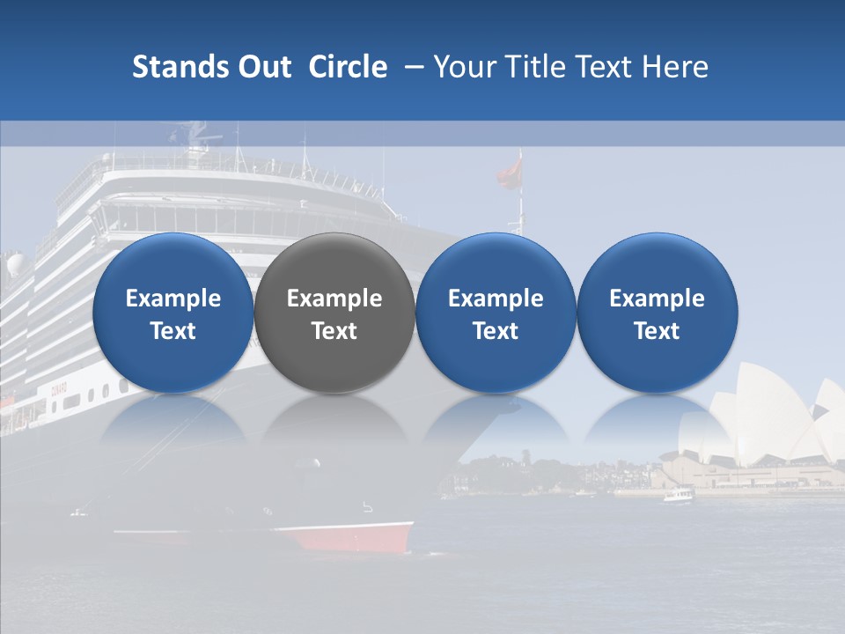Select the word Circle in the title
pos(348,67)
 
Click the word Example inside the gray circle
pos(334,299)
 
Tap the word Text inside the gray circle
pos(334,331)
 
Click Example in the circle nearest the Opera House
pos(658,299)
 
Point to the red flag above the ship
pos(510,173)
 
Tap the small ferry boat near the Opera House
pos(677,495)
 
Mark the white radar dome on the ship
pos(16,264)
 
